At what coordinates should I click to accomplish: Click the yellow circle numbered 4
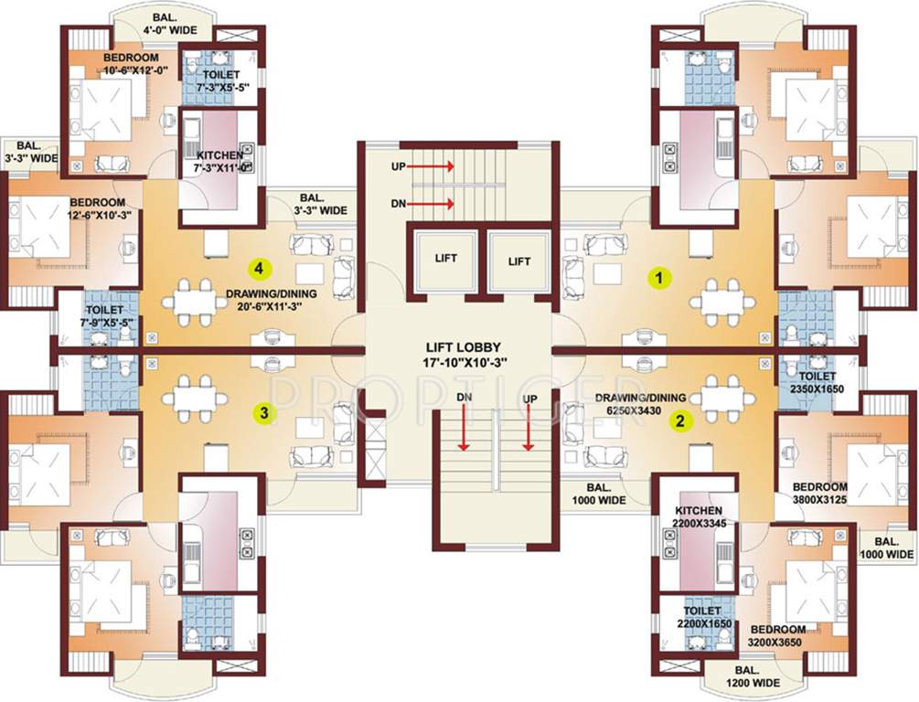tap(262, 269)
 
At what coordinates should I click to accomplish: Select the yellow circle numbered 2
tap(680, 420)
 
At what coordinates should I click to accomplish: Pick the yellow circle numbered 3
tap(264, 413)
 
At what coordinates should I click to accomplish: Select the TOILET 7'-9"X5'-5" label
tap(111, 304)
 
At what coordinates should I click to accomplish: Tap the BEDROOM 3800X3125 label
tap(819, 494)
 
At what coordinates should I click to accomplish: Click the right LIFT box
tap(519, 261)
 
